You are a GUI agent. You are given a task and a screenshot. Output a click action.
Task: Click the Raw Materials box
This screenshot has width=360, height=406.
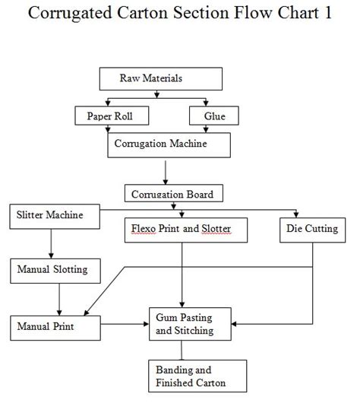pos(161,79)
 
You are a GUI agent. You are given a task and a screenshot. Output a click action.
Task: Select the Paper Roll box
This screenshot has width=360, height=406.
pos(112,116)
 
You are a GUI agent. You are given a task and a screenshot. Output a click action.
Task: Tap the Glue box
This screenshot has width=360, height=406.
pos(214,116)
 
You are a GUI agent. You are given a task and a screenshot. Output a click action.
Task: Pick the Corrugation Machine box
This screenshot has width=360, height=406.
pos(169,145)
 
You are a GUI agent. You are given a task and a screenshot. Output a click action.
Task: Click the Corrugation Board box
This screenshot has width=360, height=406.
pos(174,193)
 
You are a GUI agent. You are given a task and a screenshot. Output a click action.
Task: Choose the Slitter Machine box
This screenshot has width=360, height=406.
pos(55,217)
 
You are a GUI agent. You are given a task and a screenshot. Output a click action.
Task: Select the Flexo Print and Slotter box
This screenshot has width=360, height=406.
pos(186,230)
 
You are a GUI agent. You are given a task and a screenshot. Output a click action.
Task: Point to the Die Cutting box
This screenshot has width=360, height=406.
pos(313,230)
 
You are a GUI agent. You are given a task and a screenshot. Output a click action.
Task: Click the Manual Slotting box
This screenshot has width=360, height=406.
pos(55,271)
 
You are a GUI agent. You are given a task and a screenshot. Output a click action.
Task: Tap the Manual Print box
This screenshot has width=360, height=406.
pos(55,328)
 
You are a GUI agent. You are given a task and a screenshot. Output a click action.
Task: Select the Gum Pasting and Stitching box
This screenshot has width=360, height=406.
pos(190,324)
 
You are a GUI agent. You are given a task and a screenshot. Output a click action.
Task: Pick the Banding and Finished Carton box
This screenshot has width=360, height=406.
pos(197,376)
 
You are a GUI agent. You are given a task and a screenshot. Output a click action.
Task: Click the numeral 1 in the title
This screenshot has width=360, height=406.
pos(328,12)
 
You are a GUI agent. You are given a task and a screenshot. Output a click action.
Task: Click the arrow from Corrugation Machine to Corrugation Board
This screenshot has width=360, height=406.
pos(166,173)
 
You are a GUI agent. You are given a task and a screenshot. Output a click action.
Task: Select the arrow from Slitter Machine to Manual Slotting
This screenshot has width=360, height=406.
pos(51,243)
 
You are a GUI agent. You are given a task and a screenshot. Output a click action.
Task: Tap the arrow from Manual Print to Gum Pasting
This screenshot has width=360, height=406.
pos(125,324)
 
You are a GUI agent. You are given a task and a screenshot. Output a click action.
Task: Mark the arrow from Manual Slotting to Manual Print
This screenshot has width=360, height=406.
pos(59,300)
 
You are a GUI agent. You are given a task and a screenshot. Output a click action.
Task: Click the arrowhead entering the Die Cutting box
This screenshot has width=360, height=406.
pos(296,214)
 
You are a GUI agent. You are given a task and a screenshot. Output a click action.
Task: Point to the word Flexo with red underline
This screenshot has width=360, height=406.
pos(144,229)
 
